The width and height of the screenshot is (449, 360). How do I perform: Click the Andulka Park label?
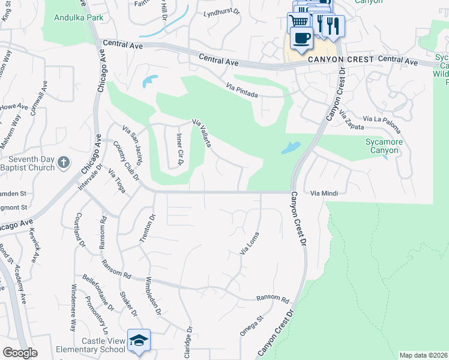79,17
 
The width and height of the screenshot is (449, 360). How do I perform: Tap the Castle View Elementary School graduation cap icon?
139,340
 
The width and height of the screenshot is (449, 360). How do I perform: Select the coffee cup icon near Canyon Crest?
301,39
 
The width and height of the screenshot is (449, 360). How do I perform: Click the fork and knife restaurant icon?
334,26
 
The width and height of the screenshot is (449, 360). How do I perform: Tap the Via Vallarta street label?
202,133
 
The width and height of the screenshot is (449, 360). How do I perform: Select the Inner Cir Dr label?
179,149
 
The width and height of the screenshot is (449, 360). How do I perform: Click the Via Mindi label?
324,193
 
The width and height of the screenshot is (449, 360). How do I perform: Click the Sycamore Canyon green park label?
384,146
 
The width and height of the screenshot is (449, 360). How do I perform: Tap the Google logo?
20,353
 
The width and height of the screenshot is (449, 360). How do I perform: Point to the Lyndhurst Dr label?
221,13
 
